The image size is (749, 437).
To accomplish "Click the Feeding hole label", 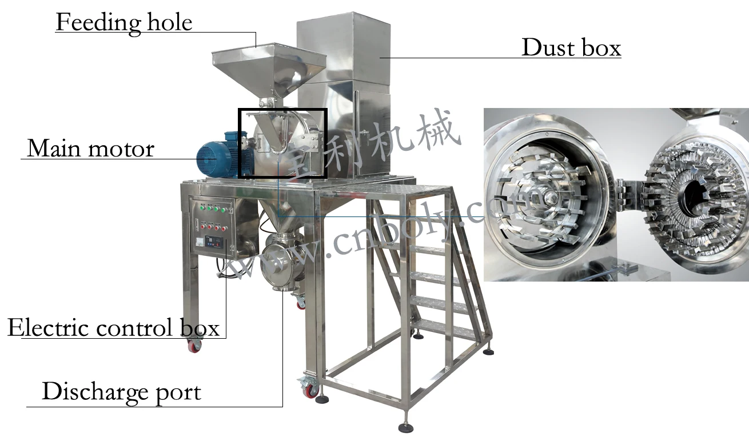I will click(123, 23).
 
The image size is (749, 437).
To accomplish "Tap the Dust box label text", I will click(571, 47).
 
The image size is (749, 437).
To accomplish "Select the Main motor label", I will click(90, 149).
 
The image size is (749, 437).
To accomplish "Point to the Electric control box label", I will click(113, 328).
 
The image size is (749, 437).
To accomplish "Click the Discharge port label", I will click(121, 392).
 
